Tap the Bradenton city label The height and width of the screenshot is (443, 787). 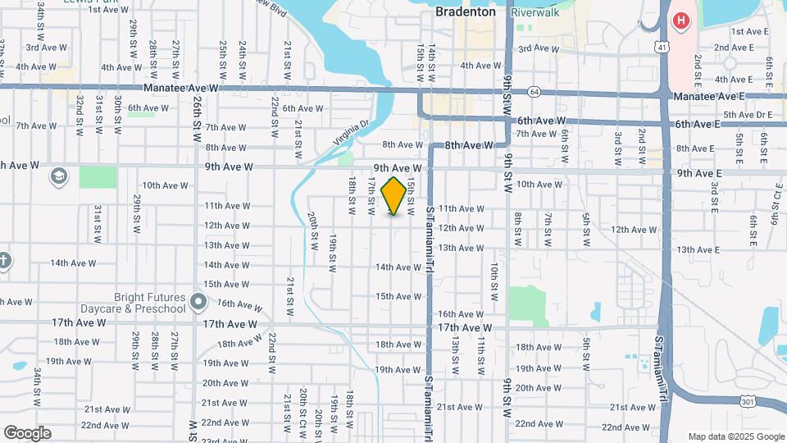click(x=465, y=12)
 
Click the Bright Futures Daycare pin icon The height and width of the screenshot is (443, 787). click(x=198, y=303)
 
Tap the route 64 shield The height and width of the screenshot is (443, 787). click(x=534, y=91)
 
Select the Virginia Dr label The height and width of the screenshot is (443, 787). click(x=352, y=132)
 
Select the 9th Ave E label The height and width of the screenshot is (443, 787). click(x=699, y=173)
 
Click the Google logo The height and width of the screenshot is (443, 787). click(x=27, y=433)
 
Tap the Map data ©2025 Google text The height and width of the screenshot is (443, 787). click(x=735, y=436)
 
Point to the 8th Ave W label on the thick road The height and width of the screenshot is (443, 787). click(x=469, y=145)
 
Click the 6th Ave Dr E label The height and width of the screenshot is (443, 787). click(x=754, y=115)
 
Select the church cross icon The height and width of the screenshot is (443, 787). click(x=4, y=261)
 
